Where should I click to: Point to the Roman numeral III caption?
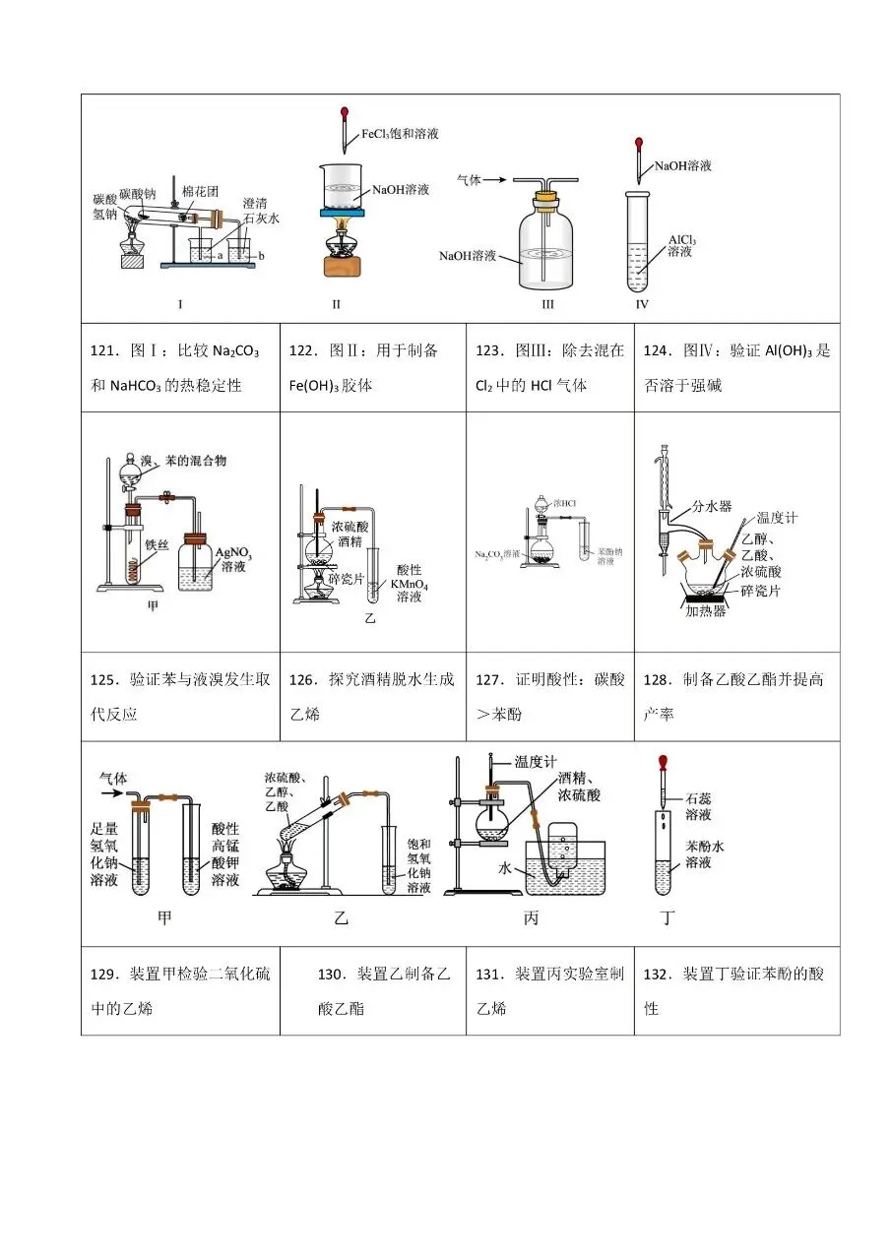pyautogui.click(x=547, y=304)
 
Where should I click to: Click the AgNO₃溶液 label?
pyautogui.click(x=233, y=560)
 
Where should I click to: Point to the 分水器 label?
pyautogui.click(x=712, y=506)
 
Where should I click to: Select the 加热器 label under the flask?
pyautogui.click(x=706, y=611)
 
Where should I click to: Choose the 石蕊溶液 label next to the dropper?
pyautogui.click(x=699, y=806)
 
